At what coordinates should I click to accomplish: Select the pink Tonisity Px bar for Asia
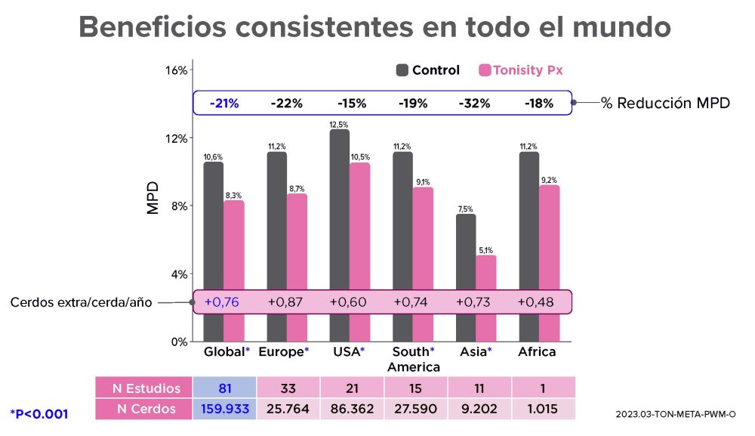tap(485, 276)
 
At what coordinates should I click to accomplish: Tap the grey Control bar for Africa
tap(528, 219)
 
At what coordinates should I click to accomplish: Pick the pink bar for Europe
tap(297, 249)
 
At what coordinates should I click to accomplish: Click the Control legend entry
tap(427, 70)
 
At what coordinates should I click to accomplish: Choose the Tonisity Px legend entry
tap(521, 70)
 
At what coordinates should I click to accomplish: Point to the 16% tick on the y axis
tap(176, 70)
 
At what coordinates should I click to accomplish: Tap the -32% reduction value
tap(475, 103)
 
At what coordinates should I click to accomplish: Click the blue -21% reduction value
tap(225, 103)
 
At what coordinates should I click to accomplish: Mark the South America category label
tap(413, 359)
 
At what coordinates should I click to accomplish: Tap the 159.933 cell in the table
tap(224, 409)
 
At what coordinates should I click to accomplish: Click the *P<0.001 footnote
tap(39, 413)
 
